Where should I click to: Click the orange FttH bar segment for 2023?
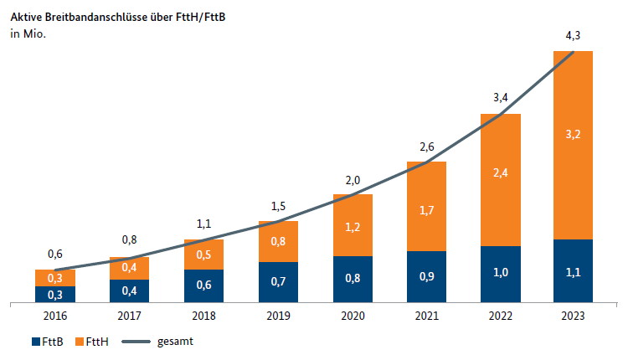point(573,167)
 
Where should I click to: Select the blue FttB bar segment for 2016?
point(55,294)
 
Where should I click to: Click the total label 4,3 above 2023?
point(574,36)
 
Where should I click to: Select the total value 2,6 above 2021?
point(426,147)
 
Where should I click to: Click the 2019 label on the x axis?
point(278,315)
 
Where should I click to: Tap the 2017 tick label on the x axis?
point(130,315)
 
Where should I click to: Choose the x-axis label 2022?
point(501,315)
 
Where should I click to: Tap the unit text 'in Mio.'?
point(27,33)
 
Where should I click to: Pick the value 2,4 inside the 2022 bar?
point(501,173)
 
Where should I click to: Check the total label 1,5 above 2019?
point(278,206)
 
